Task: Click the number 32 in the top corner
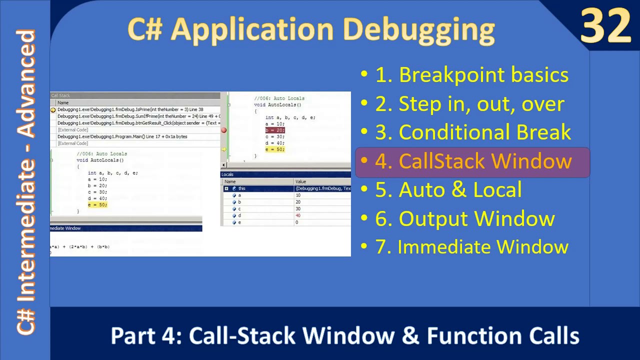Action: tap(605, 26)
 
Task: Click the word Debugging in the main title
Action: tap(418, 29)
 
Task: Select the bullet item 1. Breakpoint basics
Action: tap(471, 75)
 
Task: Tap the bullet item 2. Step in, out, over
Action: tap(469, 104)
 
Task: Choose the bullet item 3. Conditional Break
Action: tap(472, 132)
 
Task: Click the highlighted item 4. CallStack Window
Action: tap(473, 161)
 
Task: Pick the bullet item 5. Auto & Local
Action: tap(448, 190)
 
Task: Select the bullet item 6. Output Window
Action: tap(464, 218)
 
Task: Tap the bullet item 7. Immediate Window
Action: tap(471, 247)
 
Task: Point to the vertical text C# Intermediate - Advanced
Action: tap(26, 182)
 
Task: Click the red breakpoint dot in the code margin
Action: tap(223, 130)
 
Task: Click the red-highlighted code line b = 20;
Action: tap(274, 130)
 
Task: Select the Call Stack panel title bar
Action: tap(135, 95)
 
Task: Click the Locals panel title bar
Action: tap(285, 174)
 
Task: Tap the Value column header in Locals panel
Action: tap(322, 181)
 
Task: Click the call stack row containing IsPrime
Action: tap(130, 109)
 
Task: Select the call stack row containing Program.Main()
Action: tap(122, 136)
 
